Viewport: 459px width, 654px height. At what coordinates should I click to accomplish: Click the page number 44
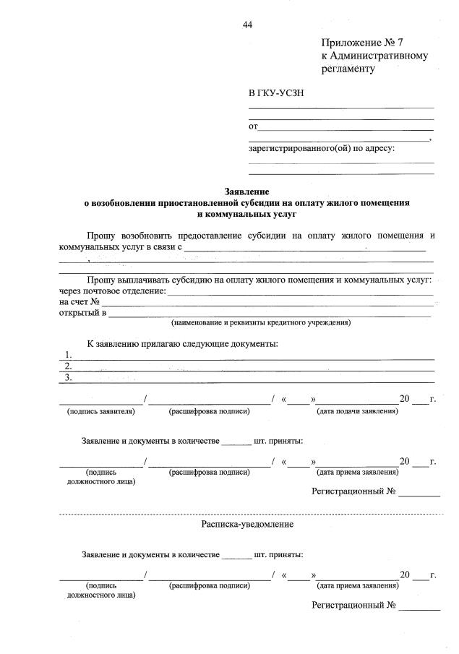click(x=247, y=25)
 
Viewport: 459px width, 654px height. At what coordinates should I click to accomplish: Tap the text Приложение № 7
click(x=361, y=43)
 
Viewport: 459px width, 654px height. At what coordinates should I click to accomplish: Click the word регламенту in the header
click(x=349, y=69)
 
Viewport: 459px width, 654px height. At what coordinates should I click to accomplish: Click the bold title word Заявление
click(x=246, y=193)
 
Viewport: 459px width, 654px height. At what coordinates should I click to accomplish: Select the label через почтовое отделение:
click(x=113, y=291)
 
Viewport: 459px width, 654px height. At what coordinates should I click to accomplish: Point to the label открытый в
click(x=82, y=313)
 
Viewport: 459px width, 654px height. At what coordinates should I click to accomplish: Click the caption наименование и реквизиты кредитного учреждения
click(x=260, y=323)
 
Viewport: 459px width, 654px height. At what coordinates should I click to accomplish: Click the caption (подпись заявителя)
click(x=100, y=411)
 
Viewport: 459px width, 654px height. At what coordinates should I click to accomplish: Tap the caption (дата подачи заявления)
click(x=357, y=411)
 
